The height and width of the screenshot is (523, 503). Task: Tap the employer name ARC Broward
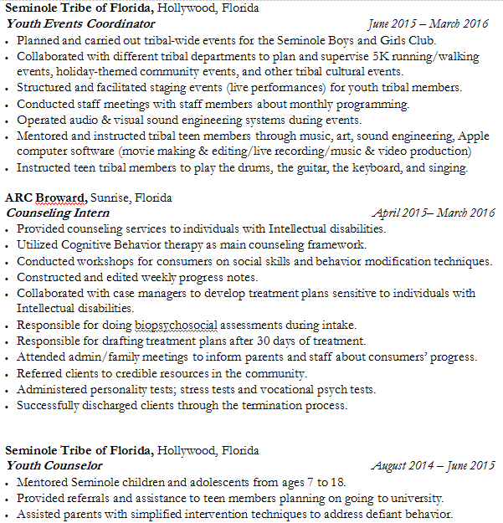click(45, 198)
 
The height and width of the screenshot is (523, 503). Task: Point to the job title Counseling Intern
click(58, 213)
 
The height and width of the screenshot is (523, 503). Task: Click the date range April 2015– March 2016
click(433, 213)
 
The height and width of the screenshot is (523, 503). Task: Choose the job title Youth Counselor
click(54, 465)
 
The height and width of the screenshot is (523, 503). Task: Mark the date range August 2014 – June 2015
click(433, 465)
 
